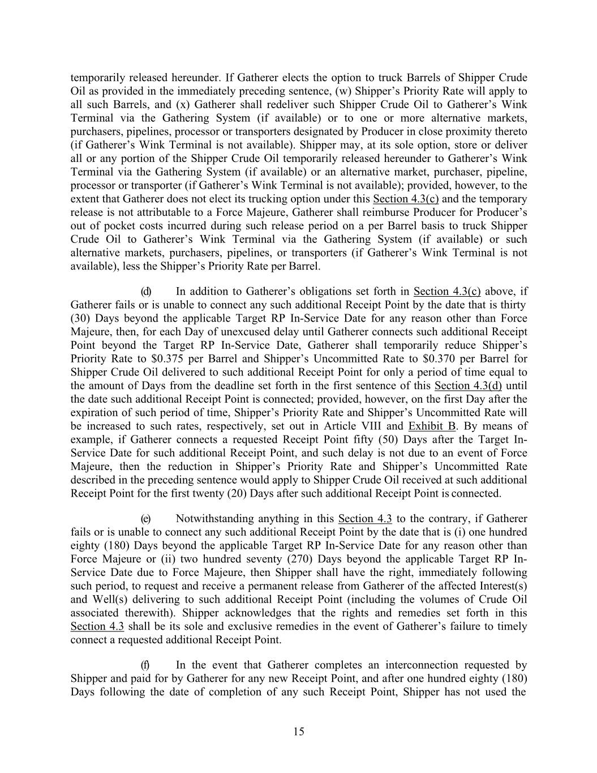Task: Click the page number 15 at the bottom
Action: [299, 732]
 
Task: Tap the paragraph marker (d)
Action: [146, 292]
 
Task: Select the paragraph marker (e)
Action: [146, 519]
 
